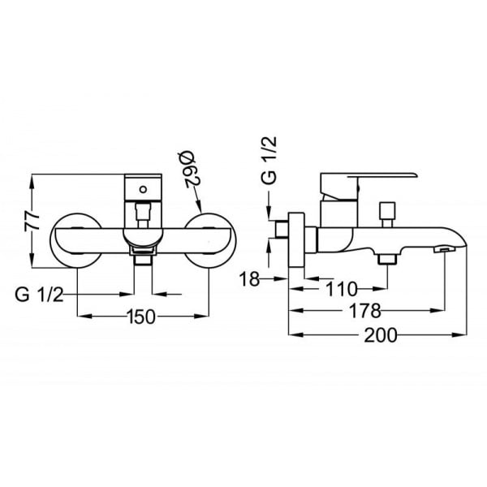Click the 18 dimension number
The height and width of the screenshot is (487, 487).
coord(250,280)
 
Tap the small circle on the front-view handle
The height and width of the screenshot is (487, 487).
coord(144,190)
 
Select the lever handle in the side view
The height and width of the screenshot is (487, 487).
coord(365,180)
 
